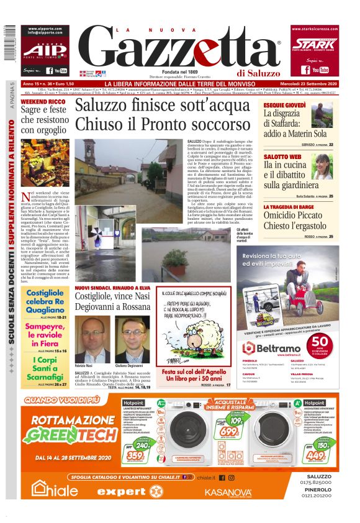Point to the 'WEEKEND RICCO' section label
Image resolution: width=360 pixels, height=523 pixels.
[40, 99]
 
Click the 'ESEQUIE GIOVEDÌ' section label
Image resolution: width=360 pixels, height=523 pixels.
[285, 106]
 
